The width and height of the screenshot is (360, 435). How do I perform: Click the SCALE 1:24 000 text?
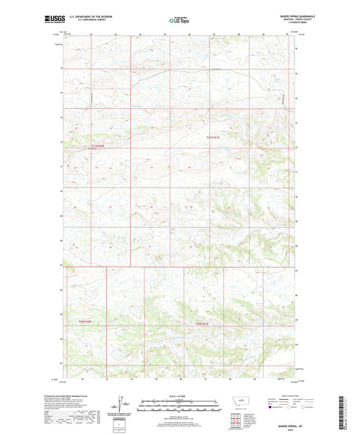click(180, 396)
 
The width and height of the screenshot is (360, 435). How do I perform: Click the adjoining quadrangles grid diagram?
click(237, 423)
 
